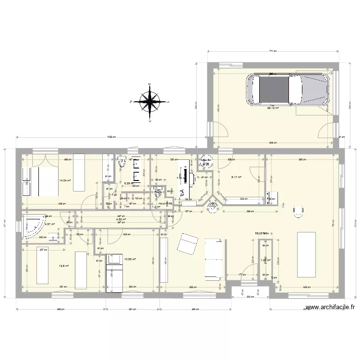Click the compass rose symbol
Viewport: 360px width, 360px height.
(x=150, y=101)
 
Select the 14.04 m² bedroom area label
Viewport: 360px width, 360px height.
(x=65, y=181)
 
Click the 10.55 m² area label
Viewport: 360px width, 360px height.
(x=130, y=260)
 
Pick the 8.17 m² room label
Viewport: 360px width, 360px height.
(x=236, y=177)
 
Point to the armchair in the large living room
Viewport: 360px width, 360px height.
(x=298, y=211)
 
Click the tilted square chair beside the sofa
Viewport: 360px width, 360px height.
(x=187, y=243)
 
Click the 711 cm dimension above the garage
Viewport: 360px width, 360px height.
(x=272, y=51)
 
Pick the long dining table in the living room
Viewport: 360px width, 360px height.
(x=306, y=254)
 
